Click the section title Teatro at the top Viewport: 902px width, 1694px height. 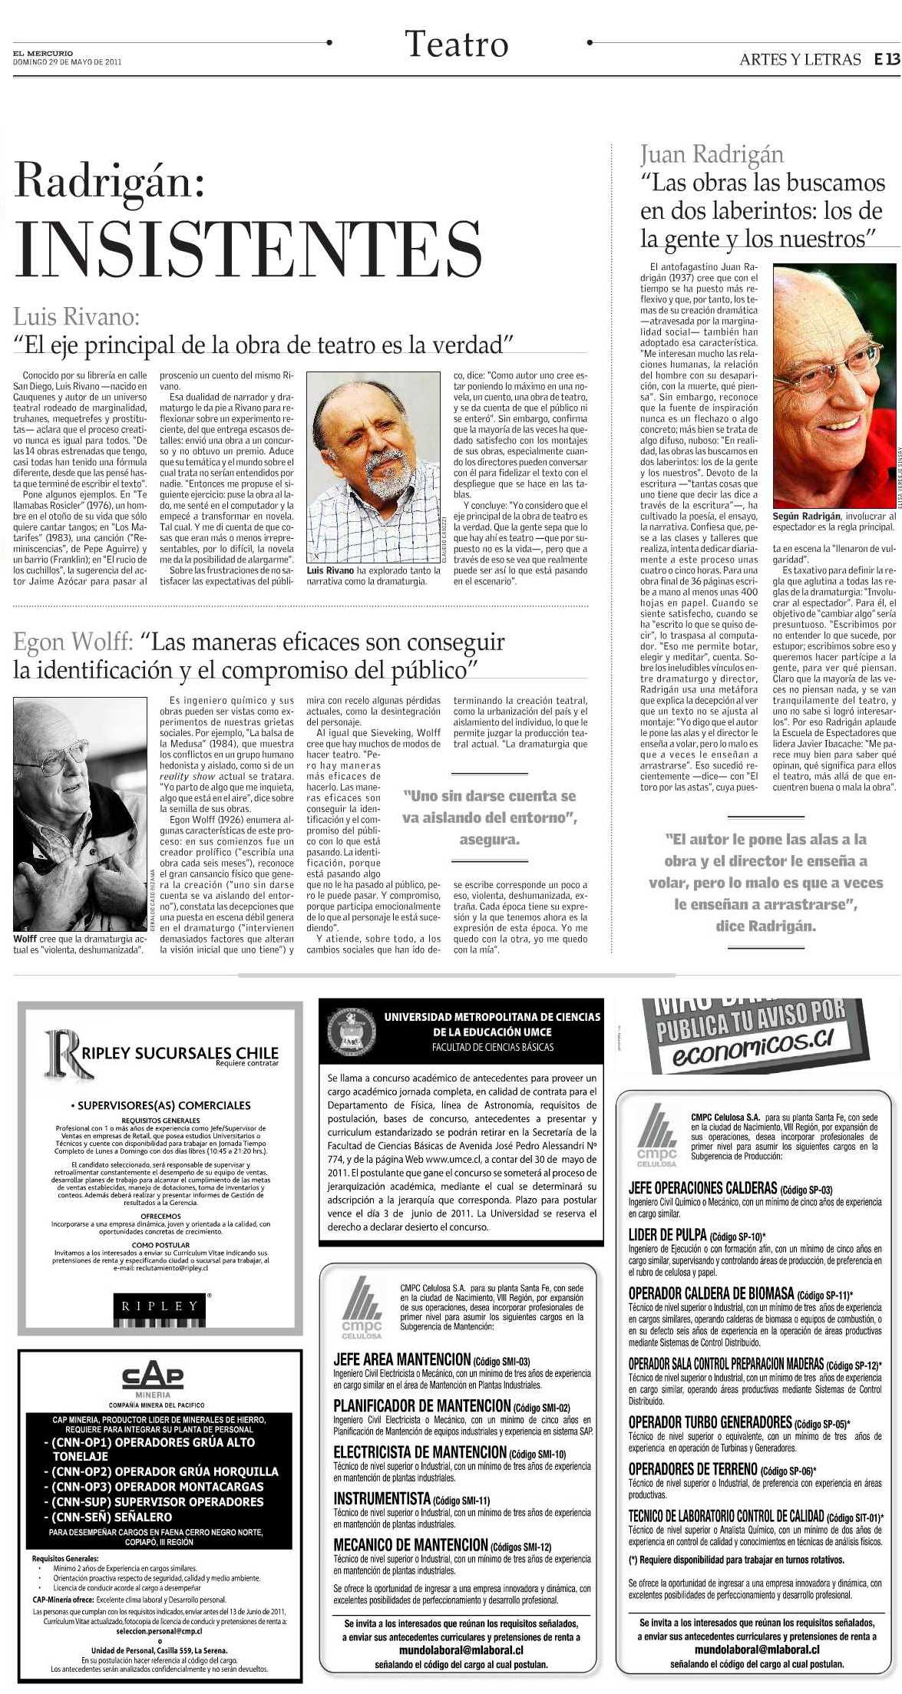(457, 45)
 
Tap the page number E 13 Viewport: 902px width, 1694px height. (886, 60)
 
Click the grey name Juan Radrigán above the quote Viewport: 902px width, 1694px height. (712, 154)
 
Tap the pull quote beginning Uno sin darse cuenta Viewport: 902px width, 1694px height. (489, 817)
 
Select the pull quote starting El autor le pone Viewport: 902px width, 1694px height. (765, 882)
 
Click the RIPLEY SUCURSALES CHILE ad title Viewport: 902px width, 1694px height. (180, 1052)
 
